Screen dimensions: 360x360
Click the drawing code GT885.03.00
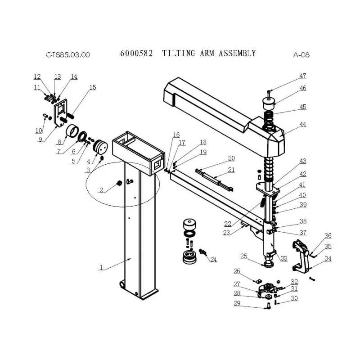pyautogui.click(x=67, y=55)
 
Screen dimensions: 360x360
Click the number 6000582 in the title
pyautogui.click(x=136, y=54)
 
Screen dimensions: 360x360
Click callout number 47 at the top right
pyautogui.click(x=303, y=76)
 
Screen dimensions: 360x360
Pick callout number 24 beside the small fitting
pyautogui.click(x=213, y=260)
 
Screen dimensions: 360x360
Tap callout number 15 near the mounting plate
pyautogui.click(x=93, y=87)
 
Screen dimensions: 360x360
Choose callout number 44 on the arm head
pyautogui.click(x=303, y=124)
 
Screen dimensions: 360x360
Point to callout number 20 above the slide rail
pyautogui.click(x=231, y=158)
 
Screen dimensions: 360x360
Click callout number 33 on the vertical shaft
pyautogui.click(x=284, y=258)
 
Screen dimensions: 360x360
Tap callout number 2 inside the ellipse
pyautogui.click(x=101, y=190)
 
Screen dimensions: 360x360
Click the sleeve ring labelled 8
pyautogui.click(x=72, y=132)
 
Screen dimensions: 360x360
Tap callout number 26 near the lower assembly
pyautogui.click(x=237, y=271)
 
